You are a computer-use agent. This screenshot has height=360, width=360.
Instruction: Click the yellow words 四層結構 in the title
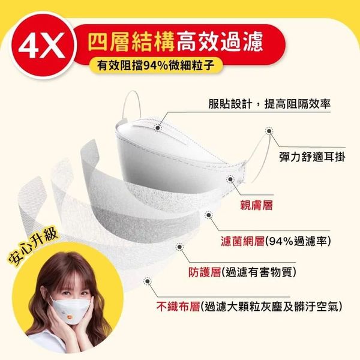[x=131, y=42]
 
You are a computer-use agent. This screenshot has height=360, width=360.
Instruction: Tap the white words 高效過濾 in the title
[x=220, y=42]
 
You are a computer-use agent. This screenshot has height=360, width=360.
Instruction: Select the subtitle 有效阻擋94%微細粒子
[x=155, y=65]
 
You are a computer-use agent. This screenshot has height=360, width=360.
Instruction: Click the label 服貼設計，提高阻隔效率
[x=269, y=104]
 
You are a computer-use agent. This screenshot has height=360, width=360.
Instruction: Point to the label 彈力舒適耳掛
[x=312, y=157]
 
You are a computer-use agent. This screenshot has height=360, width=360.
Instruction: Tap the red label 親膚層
[x=256, y=205]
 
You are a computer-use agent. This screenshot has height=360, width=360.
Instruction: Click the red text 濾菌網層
[x=242, y=241]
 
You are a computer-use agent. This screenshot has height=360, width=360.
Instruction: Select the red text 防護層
[x=205, y=272]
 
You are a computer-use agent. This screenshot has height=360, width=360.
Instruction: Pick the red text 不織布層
[x=178, y=306]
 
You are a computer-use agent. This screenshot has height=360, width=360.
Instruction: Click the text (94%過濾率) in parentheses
[x=298, y=241]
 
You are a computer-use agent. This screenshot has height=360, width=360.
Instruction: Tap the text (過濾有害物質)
[x=259, y=272]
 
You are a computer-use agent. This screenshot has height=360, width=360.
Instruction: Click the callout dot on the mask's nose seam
[x=157, y=127]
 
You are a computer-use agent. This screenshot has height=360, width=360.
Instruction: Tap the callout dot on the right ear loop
[x=269, y=131]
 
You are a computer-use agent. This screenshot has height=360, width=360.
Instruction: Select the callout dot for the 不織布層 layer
[x=147, y=281]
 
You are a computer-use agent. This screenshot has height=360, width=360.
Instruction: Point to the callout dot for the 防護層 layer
[x=179, y=247]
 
